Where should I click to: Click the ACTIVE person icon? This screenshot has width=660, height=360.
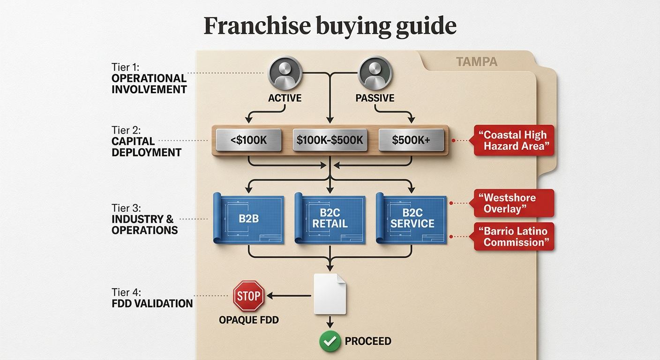point(285,73)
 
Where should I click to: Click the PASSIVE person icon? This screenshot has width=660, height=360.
point(375,73)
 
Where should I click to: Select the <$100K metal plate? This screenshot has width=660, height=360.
point(248,139)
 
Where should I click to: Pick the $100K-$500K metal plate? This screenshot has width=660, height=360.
point(330,139)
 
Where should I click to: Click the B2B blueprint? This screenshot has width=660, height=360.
point(249,218)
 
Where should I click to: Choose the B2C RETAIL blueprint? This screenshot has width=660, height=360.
point(330,218)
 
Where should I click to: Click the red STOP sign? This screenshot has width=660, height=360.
point(248,296)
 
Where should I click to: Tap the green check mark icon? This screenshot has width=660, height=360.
point(330,341)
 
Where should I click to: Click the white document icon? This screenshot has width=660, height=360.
point(330,294)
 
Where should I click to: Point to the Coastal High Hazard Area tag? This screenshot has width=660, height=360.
point(514,140)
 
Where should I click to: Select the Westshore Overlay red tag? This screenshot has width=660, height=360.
point(514,203)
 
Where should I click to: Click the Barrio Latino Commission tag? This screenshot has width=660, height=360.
point(514,236)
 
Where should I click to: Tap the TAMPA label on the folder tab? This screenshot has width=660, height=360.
point(476,61)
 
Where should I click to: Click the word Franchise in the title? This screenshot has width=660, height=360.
point(256,26)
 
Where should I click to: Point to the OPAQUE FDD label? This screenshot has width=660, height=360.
point(248,320)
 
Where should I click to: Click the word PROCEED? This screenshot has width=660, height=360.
point(368,341)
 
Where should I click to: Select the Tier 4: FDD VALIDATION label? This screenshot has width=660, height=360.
point(152,298)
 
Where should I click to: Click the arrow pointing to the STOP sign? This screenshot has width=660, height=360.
point(288,296)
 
